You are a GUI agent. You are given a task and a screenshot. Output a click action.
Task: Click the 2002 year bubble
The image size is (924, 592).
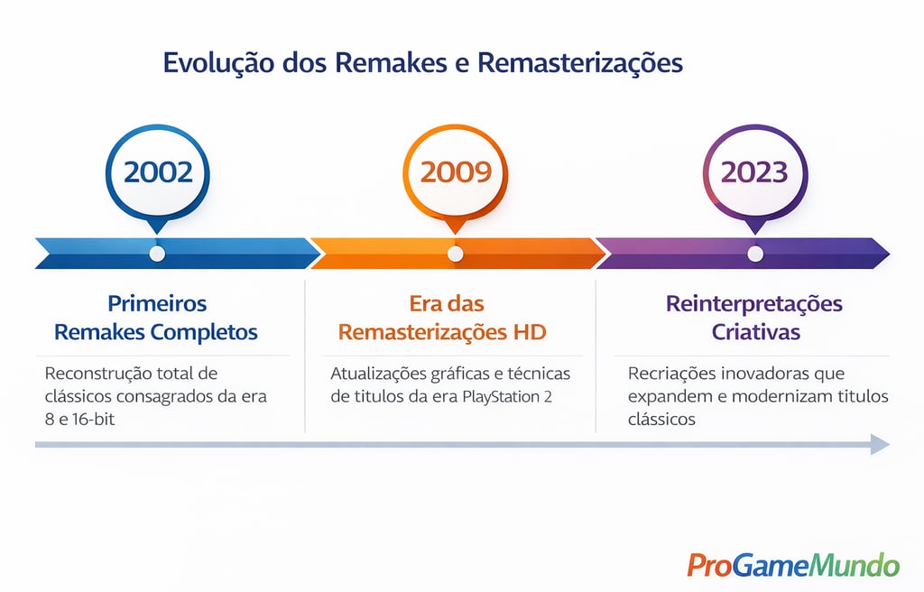(x=157, y=172)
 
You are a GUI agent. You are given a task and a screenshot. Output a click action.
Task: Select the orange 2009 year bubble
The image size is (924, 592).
(x=455, y=172)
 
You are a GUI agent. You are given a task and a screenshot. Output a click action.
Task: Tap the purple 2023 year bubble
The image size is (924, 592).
(x=754, y=172)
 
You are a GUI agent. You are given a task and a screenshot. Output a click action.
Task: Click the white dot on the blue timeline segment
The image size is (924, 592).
(x=157, y=254)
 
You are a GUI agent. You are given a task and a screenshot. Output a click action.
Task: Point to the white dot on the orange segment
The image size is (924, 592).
(x=456, y=254)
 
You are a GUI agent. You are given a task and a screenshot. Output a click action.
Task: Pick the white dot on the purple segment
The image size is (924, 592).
(x=755, y=254)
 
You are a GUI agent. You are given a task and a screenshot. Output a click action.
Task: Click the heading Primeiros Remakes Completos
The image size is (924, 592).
(x=156, y=318)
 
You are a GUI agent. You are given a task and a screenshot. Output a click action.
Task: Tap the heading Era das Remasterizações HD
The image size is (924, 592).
(x=442, y=318)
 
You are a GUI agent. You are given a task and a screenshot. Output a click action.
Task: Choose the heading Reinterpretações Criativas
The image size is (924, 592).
(x=754, y=318)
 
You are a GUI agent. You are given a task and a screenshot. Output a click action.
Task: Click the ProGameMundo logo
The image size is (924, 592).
(x=792, y=565)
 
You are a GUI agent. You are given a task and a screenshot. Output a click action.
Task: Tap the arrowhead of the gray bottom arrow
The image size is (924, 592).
(x=880, y=444)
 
